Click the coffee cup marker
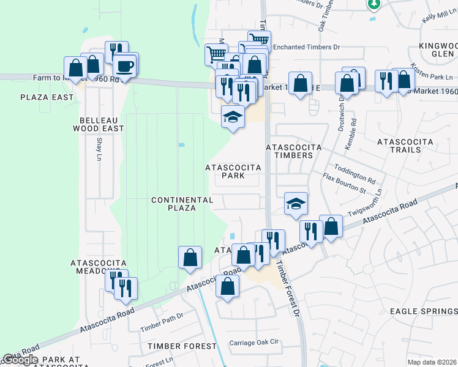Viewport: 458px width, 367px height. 126,66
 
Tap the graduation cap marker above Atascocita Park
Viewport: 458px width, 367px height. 233,116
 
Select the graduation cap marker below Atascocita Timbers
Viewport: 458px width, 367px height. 296,204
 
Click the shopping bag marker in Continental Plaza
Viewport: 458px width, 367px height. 190,258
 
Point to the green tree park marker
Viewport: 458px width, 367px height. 374,4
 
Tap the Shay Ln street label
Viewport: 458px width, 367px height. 99,149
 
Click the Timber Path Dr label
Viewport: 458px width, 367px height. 162,323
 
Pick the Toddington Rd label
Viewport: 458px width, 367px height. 355,173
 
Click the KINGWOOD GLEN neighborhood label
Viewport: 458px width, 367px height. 438,50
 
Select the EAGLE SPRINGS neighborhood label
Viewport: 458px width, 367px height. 424,311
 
